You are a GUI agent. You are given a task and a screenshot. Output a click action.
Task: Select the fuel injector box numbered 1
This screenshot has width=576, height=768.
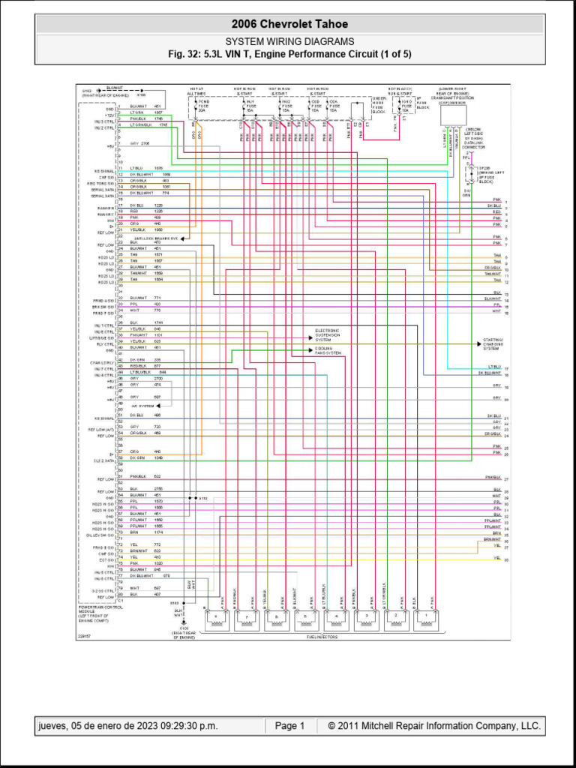click(426, 618)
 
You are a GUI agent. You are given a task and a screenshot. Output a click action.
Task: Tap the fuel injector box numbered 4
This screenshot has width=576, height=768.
click(336, 618)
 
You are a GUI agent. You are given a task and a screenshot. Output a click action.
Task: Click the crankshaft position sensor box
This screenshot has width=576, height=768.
click(453, 115)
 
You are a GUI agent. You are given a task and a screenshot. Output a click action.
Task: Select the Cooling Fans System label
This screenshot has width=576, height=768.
click(328, 350)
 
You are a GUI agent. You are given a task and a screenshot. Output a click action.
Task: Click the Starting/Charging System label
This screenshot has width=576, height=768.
click(493, 343)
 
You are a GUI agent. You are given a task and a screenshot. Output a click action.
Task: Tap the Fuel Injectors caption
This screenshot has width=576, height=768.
click(322, 637)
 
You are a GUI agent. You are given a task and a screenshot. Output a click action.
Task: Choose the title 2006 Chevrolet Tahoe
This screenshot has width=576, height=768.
click(289, 25)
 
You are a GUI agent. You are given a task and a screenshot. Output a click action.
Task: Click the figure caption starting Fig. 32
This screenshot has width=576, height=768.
click(289, 54)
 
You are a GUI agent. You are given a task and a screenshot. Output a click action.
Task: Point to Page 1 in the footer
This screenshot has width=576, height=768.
click(289, 726)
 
